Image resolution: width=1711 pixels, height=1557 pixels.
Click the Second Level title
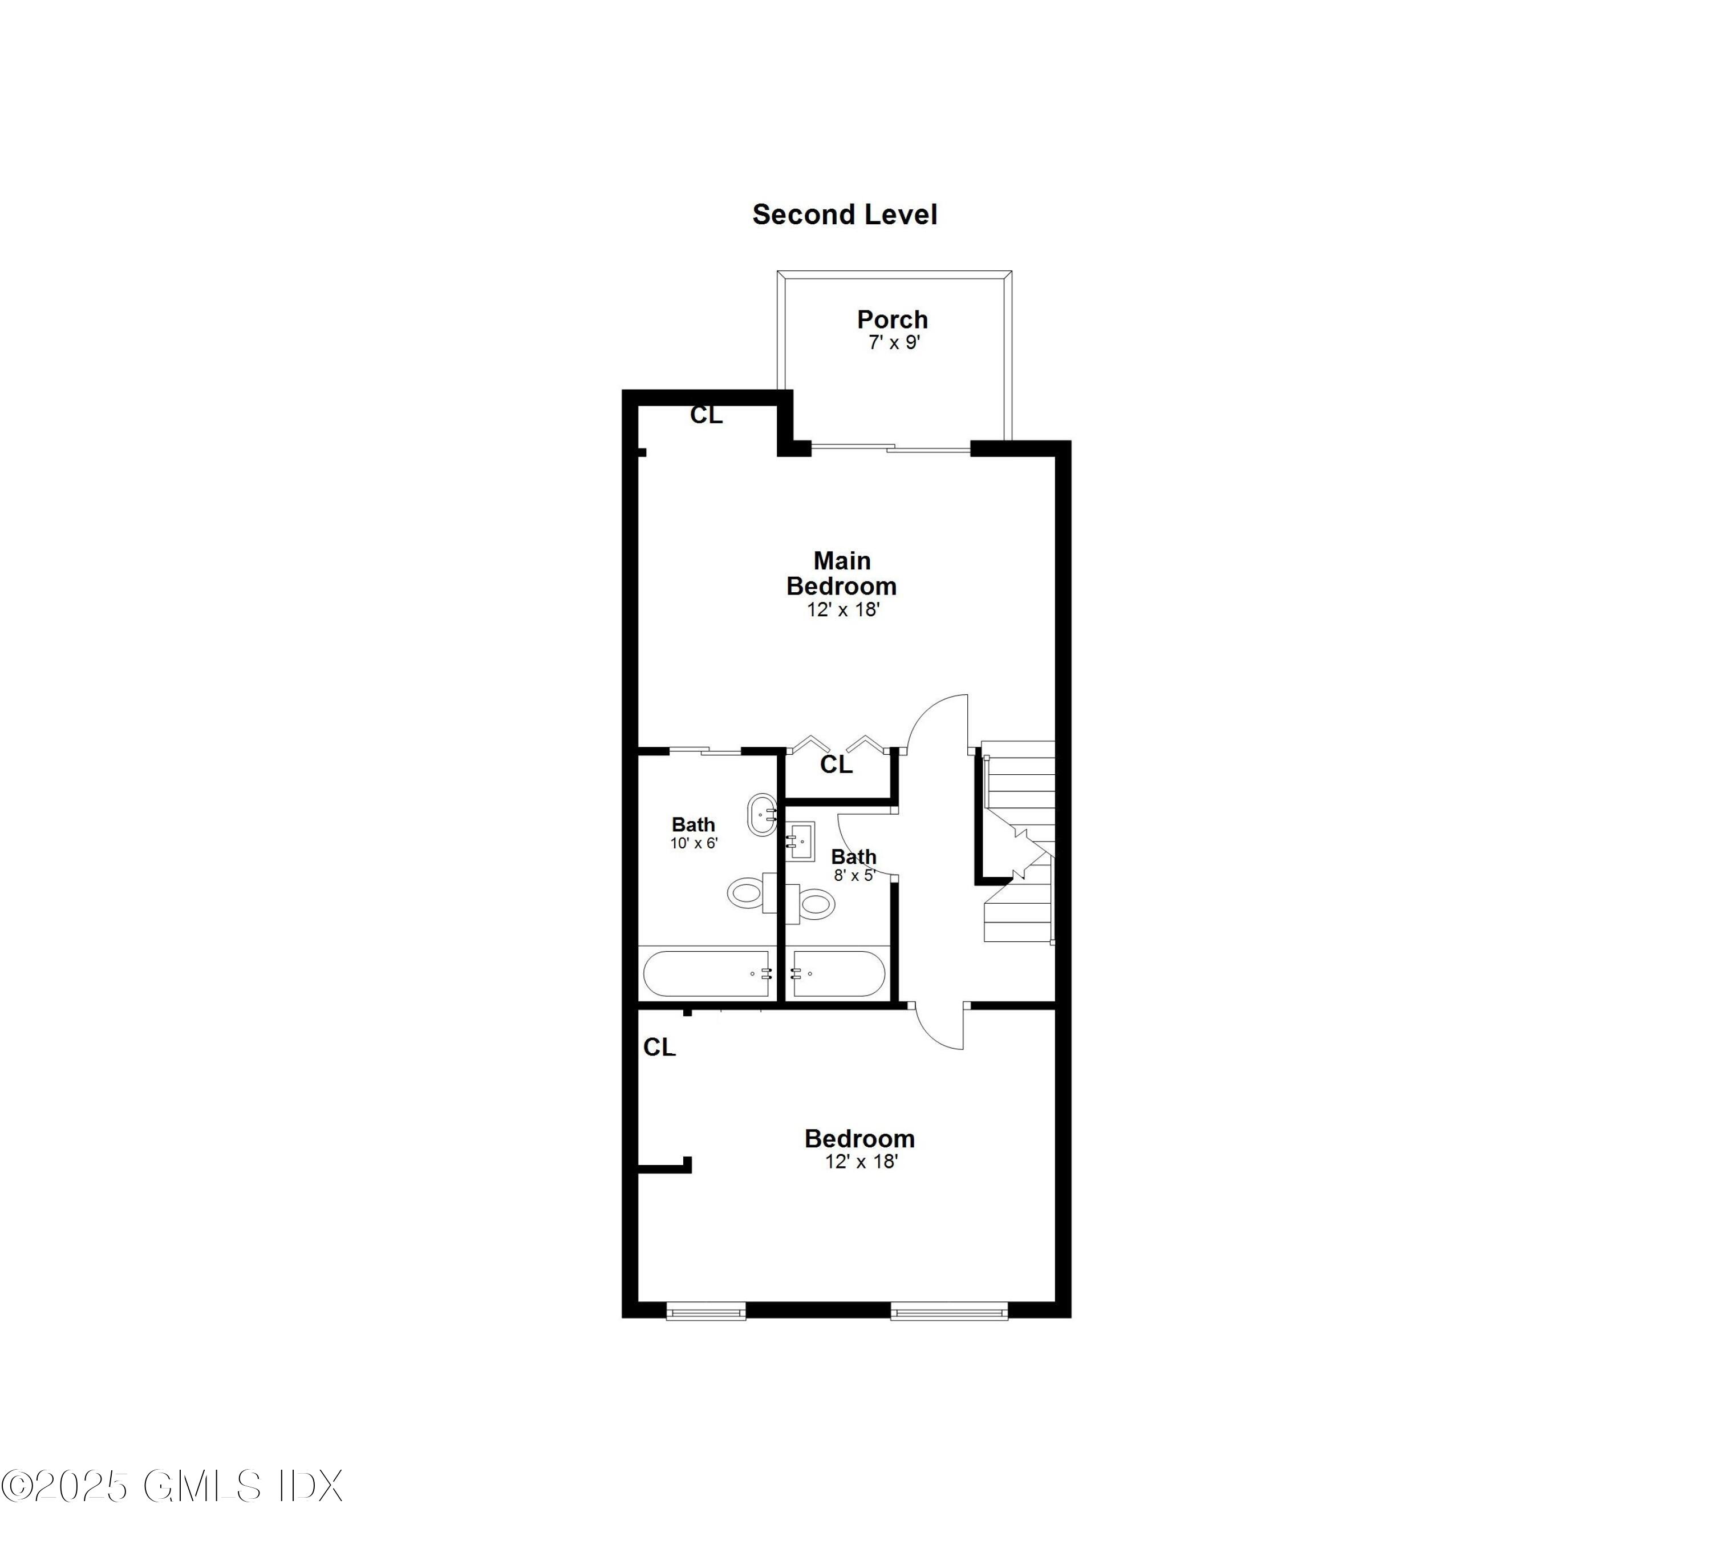tap(845, 215)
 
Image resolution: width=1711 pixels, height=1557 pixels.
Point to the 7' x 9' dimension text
tap(894, 343)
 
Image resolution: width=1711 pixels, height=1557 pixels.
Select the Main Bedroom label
tap(841, 573)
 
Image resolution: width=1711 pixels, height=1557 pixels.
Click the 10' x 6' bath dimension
tap(694, 844)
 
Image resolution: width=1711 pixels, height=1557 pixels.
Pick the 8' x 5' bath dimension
tap(854, 875)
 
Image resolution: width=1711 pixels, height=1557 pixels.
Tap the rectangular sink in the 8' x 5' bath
tap(800, 840)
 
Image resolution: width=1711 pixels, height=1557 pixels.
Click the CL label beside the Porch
tap(706, 415)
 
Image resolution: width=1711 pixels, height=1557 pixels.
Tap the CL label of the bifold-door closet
tap(836, 765)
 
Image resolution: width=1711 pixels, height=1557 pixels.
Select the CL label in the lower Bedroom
tap(659, 1048)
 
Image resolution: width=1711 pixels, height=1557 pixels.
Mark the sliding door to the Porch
tap(890, 447)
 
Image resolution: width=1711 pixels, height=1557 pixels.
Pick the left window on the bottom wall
tap(706, 1312)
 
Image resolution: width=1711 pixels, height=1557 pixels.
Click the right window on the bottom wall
tap(949, 1312)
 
